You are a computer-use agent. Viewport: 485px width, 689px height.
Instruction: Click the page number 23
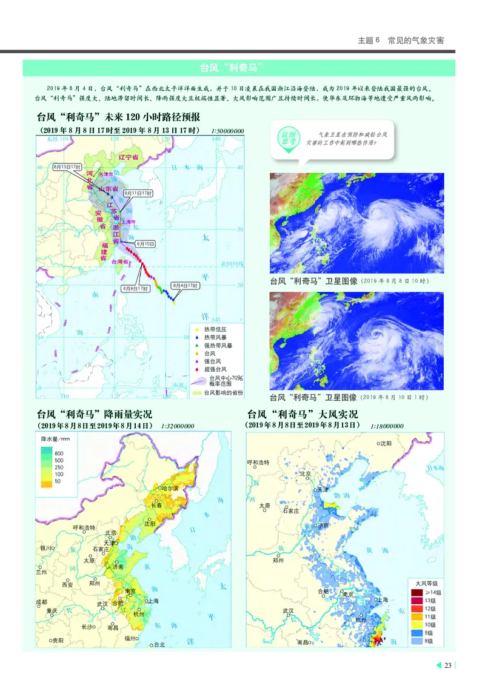448,666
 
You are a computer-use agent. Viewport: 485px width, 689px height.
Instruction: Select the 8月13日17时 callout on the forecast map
67,166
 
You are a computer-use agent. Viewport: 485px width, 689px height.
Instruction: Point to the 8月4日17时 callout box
184,285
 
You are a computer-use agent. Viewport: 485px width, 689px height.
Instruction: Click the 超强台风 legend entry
215,369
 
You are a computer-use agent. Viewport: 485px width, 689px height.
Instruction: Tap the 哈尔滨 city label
169,488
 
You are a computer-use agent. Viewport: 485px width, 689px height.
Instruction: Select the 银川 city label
48,548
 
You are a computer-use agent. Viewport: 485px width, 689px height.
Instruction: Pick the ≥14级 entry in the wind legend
434,592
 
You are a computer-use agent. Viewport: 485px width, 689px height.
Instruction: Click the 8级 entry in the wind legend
430,641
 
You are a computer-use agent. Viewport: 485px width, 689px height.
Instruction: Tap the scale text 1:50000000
228,131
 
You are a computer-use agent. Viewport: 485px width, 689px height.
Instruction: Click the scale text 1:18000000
388,426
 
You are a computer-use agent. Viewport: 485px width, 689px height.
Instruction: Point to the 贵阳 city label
57,640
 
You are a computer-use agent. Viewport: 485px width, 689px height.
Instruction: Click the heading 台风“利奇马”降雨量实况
95,415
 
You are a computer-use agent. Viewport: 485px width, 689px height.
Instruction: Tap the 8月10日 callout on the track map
145,243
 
